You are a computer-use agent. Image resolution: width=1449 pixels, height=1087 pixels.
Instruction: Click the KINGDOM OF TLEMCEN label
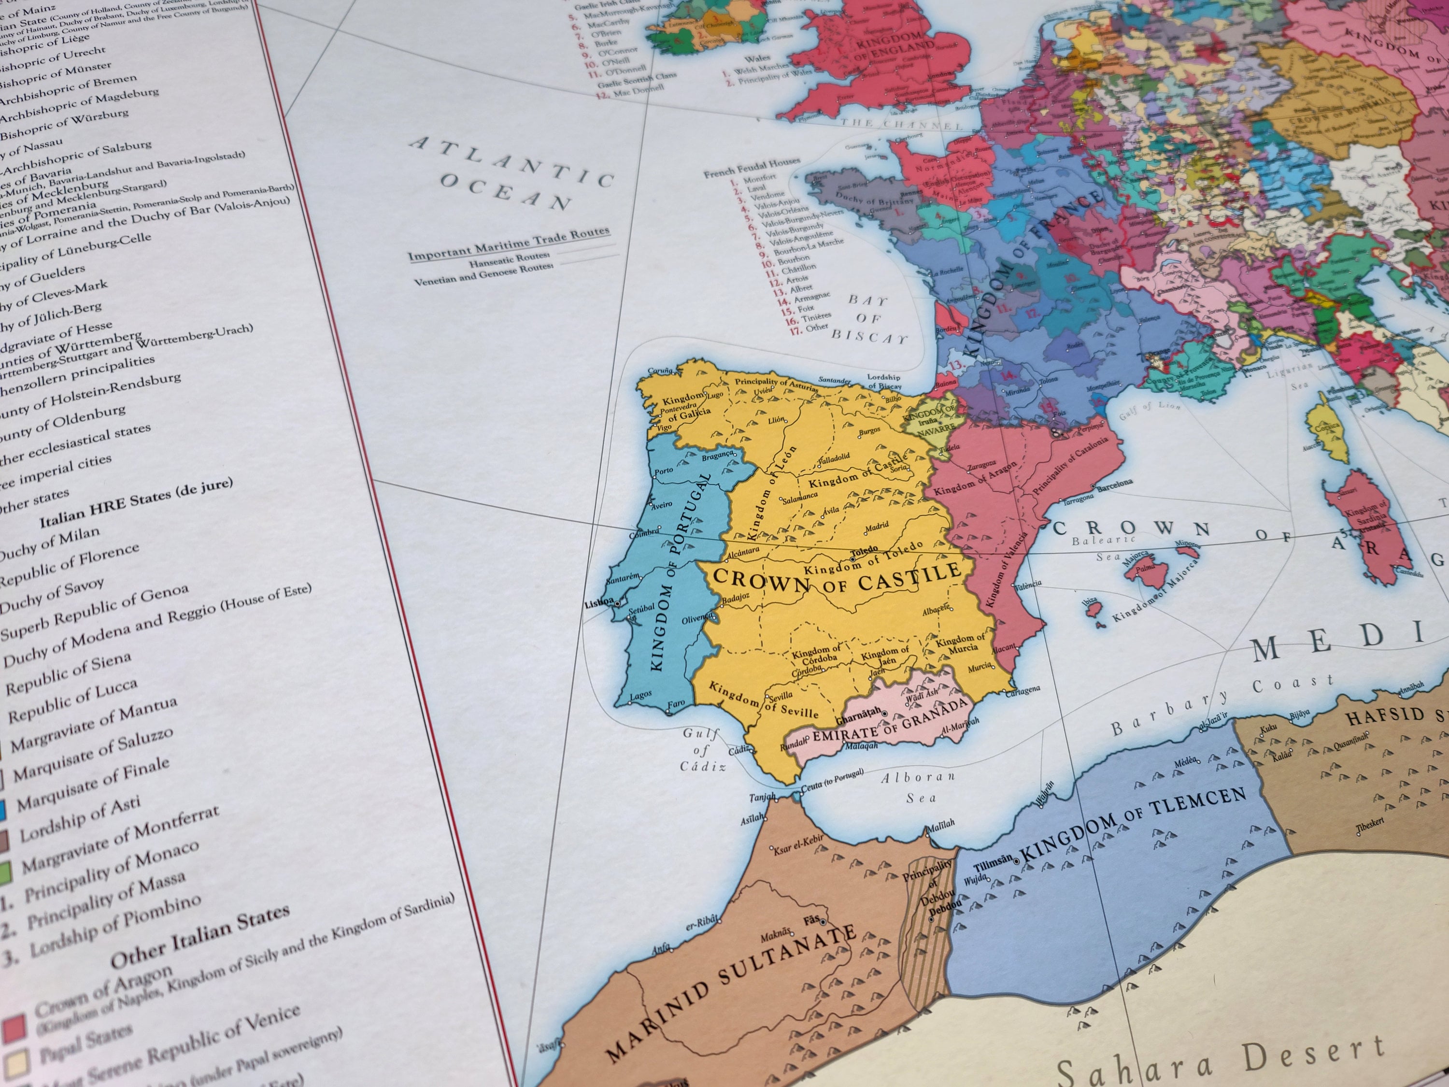[1133, 825]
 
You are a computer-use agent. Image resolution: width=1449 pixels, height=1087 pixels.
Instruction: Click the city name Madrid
[877, 526]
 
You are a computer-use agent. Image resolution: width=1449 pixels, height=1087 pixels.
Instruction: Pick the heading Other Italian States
[200, 937]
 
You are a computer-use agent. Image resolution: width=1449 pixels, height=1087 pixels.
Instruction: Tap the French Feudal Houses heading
[752, 167]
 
